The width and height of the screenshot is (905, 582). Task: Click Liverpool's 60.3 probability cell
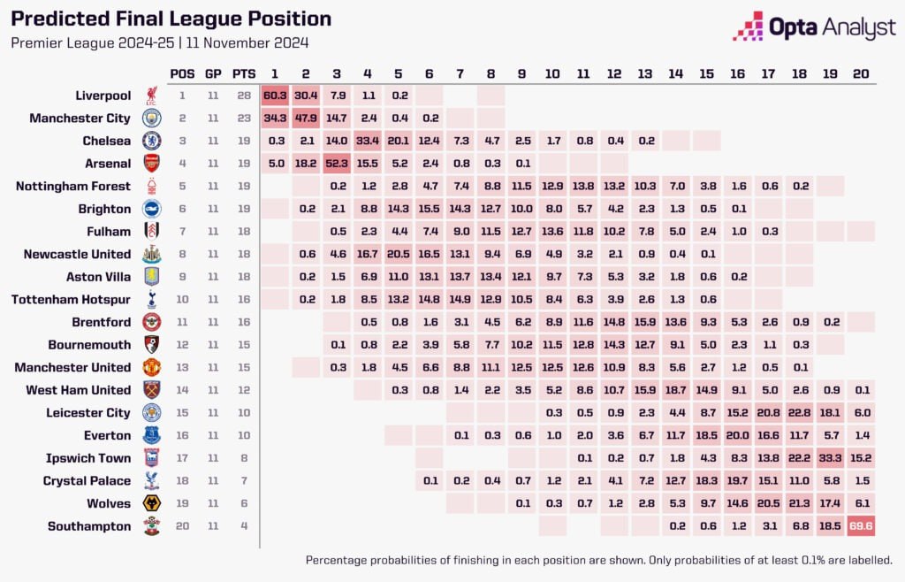tap(275, 95)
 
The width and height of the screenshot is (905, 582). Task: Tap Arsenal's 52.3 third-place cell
tap(337, 163)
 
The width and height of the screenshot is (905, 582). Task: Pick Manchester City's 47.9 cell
tap(306, 118)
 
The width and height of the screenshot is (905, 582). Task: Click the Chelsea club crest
tap(151, 140)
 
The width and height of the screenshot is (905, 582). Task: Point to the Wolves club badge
tap(151, 503)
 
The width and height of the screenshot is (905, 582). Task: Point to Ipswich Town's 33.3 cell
tap(829, 458)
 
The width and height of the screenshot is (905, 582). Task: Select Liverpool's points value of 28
tap(245, 95)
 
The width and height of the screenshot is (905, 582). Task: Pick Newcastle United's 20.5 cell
tap(399, 254)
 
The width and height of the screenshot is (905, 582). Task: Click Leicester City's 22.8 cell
tap(798, 412)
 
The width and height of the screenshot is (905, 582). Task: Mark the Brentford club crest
tap(151, 322)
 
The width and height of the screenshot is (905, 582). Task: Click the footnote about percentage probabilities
tap(598, 560)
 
